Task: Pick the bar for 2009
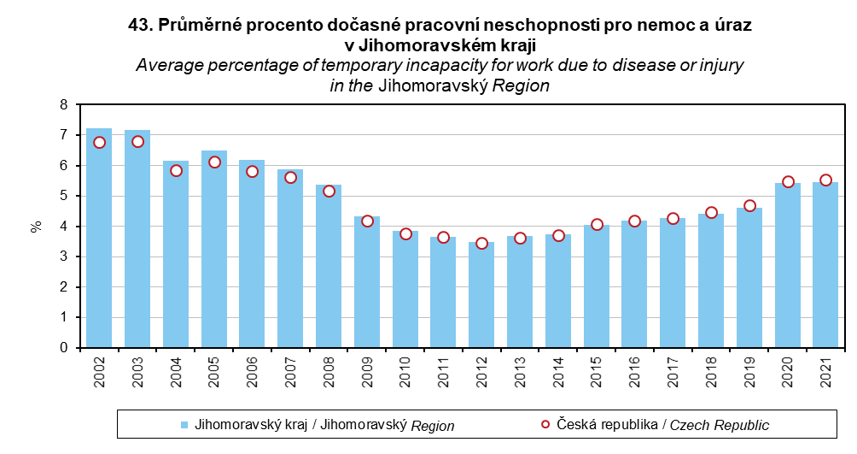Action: pyautogui.click(x=367, y=282)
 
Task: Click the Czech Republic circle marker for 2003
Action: pyautogui.click(x=137, y=141)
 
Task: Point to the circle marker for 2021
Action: pyautogui.click(x=825, y=180)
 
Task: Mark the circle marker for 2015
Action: pyautogui.click(x=597, y=224)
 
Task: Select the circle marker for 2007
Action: pyautogui.click(x=290, y=177)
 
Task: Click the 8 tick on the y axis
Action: pyautogui.click(x=62, y=105)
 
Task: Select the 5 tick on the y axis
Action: pyautogui.click(x=62, y=196)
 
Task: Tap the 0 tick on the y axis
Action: pyautogui.click(x=62, y=348)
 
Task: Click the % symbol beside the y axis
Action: pyautogui.click(x=36, y=227)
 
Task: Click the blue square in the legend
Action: pyautogui.click(x=184, y=425)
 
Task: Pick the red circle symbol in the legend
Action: pyautogui.click(x=546, y=424)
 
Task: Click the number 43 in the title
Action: pyautogui.click(x=138, y=27)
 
